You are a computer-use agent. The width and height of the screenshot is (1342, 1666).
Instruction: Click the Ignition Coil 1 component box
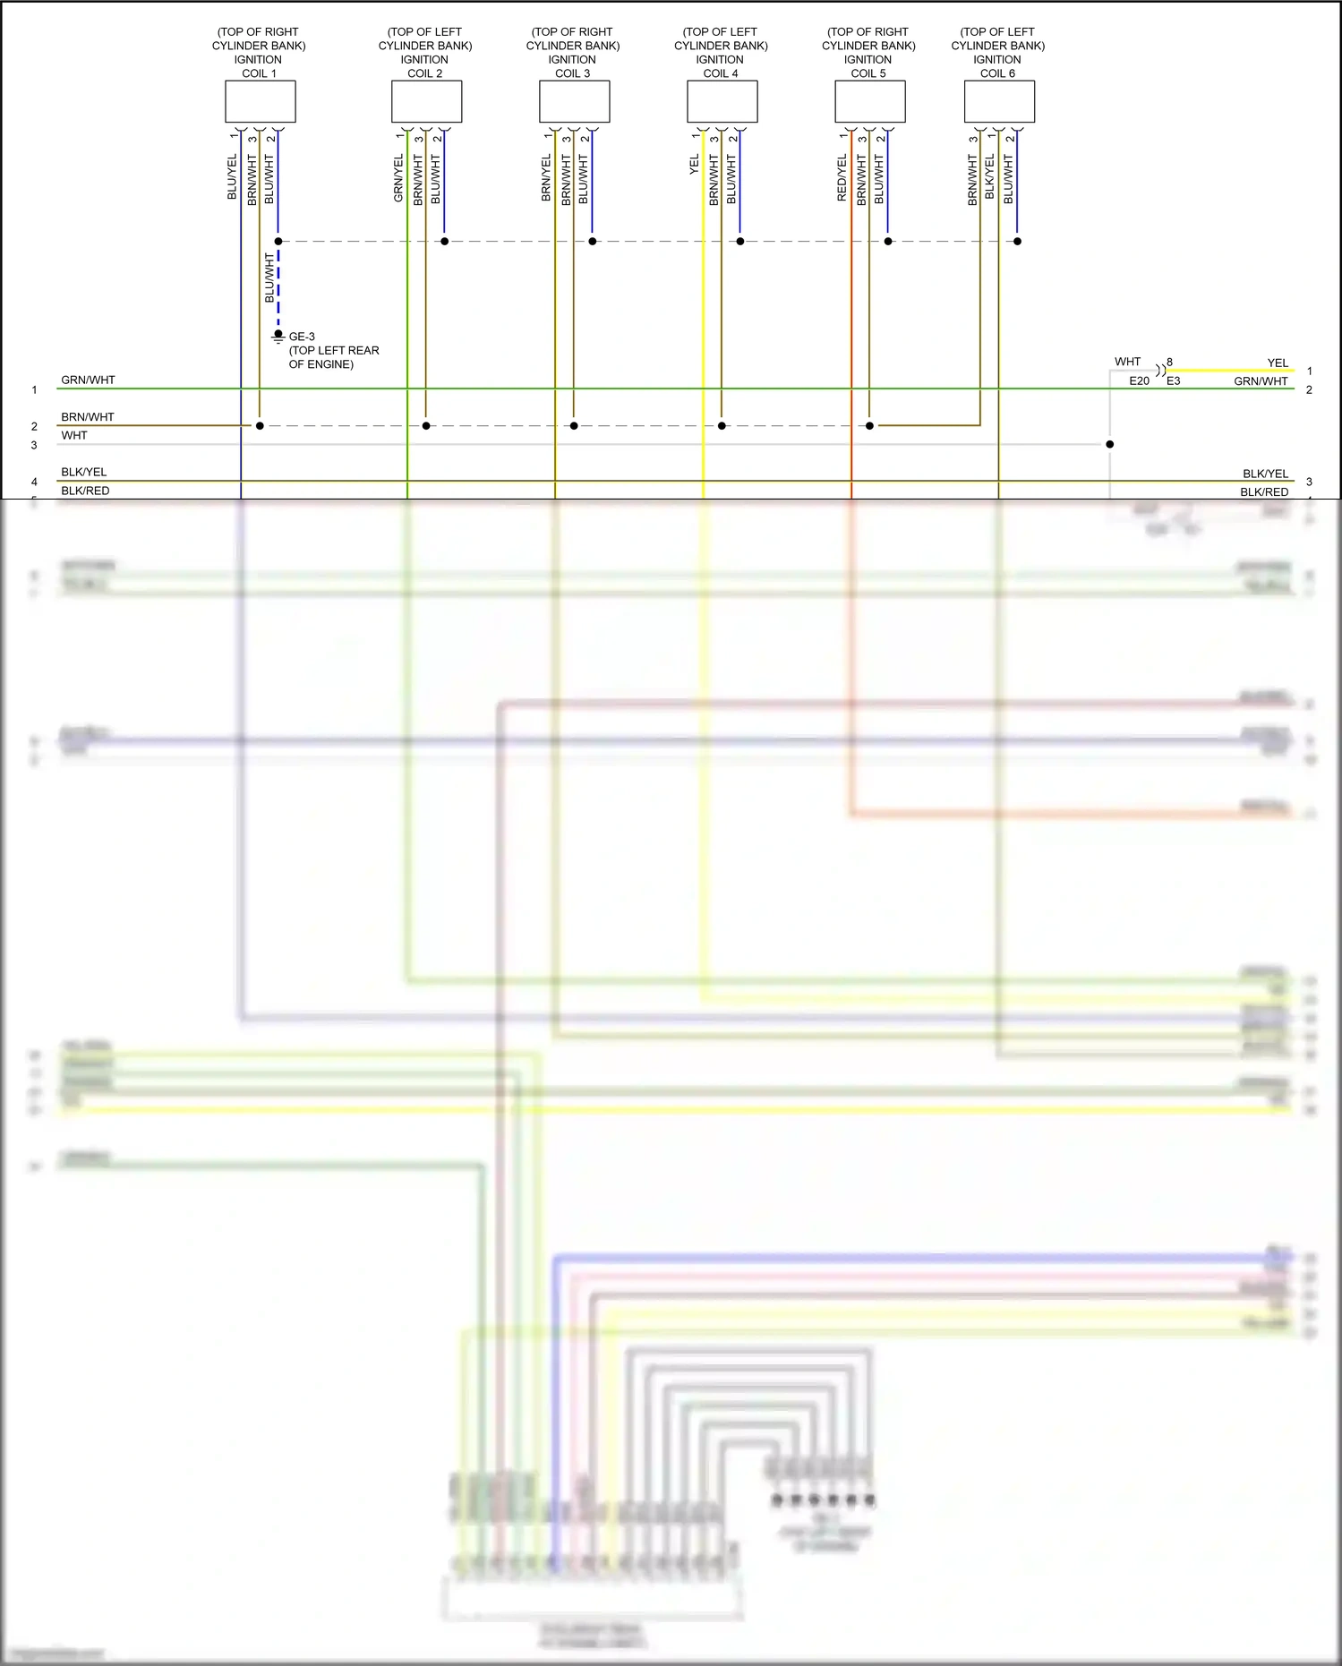[260, 101]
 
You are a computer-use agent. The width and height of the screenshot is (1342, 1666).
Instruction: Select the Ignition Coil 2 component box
[426, 101]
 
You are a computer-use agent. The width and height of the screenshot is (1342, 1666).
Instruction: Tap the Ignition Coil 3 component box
[574, 101]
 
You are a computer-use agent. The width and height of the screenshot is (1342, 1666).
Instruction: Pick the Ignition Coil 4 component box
[722, 101]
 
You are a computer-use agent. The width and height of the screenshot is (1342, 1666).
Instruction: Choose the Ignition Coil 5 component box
[869, 101]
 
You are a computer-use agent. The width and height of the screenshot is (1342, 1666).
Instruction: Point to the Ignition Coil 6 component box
[999, 101]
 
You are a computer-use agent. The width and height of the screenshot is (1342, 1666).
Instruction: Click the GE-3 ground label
[302, 337]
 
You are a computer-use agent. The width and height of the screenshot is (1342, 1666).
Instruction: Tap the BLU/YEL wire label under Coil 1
[232, 176]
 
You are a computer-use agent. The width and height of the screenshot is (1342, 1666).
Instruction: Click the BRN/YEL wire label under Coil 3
[546, 177]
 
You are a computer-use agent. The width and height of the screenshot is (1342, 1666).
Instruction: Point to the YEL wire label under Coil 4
[694, 165]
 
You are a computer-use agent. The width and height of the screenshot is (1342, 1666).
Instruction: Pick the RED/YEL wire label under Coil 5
[842, 177]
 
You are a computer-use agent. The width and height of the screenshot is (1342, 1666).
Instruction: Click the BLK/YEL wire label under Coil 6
[989, 176]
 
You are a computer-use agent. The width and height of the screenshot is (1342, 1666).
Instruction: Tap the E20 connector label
[1139, 380]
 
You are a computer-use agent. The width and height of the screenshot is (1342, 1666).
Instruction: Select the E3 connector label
[1173, 380]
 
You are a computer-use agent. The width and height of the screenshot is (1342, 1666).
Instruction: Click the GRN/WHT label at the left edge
[88, 380]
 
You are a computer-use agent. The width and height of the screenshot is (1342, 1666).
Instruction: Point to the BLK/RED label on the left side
[85, 491]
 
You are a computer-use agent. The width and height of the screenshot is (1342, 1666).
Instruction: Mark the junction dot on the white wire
[1109, 444]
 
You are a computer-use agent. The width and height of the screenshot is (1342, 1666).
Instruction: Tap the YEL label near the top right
[1278, 363]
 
